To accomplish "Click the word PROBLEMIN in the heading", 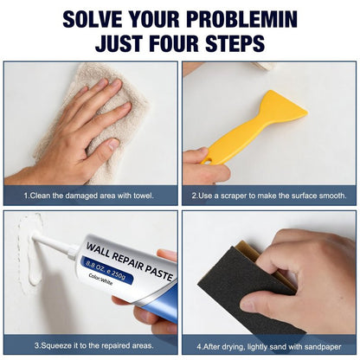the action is (242, 20).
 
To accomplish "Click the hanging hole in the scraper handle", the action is (208, 161).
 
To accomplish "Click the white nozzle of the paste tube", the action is (55, 245).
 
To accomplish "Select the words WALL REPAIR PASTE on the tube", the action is (130, 262).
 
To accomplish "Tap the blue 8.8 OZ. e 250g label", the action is (106, 270).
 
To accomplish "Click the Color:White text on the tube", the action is (100, 279).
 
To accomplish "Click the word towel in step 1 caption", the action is (143, 196).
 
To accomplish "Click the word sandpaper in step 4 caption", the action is (324, 347).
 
